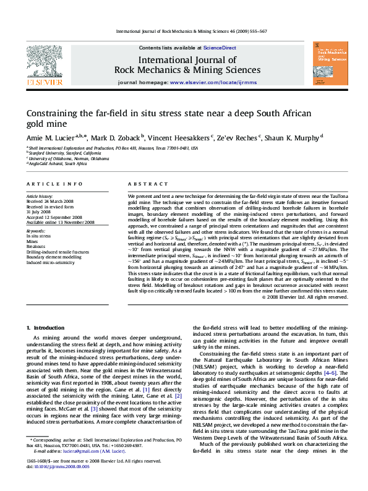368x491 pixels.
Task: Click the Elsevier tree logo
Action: point(43,61)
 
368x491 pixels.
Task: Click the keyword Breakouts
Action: point(36,246)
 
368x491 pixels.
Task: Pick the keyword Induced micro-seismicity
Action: point(51,262)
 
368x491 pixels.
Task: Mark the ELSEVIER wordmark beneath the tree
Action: point(43,82)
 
